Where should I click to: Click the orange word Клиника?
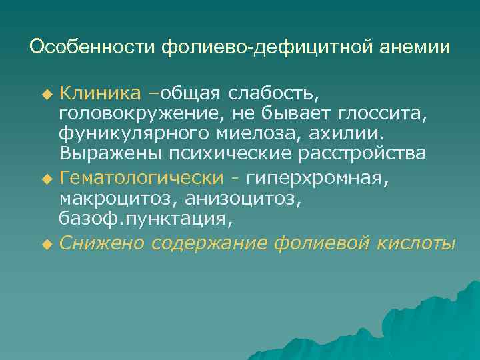100,91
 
